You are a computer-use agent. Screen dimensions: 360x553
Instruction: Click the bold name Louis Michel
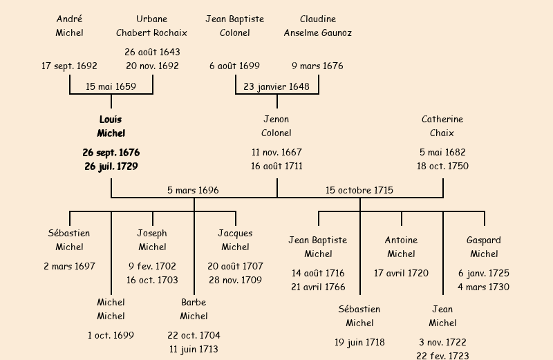pos(111,126)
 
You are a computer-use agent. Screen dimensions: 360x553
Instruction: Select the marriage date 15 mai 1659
pos(111,86)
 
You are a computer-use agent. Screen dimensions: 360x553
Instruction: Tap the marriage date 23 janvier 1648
pos(276,86)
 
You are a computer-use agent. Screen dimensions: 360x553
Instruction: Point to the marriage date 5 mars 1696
pos(193,190)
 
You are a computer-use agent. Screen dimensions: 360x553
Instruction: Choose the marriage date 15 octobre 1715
pos(359,190)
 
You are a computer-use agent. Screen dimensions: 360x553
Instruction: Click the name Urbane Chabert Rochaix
pos(151,26)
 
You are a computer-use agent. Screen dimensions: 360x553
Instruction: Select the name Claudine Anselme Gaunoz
pos(318,26)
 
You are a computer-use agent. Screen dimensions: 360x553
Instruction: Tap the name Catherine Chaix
pos(442,126)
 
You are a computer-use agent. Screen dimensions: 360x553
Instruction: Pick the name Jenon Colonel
pos(276,126)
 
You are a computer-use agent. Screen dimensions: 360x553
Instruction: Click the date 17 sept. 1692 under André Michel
pos(69,66)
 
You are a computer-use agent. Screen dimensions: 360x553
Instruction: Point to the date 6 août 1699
pos(234,66)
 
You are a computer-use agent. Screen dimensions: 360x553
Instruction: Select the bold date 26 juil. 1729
pos(111,167)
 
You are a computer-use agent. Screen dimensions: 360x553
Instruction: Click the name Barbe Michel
pos(194,309)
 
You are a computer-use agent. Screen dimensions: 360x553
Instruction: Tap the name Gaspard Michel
pos(484,247)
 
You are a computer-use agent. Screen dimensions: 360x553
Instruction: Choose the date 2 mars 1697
pos(69,266)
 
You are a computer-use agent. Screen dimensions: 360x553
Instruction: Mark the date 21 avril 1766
pos(318,287)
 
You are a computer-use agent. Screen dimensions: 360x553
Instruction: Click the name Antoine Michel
pos(401,247)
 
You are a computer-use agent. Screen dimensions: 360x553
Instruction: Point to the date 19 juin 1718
pos(359,342)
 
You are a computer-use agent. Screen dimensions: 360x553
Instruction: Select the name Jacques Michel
pos(235,240)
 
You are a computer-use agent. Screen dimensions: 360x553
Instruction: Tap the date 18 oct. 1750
pos(442,167)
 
